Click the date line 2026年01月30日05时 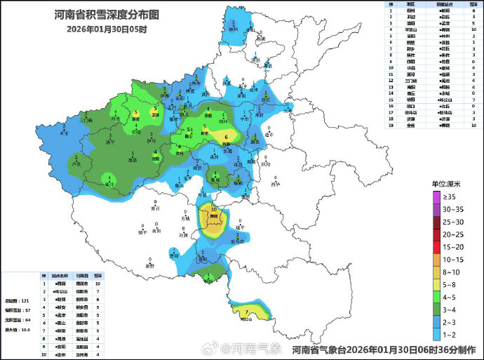107,29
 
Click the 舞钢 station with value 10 214,216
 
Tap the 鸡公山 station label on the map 246,318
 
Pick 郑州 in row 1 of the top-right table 410,11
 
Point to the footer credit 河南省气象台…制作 382,349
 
